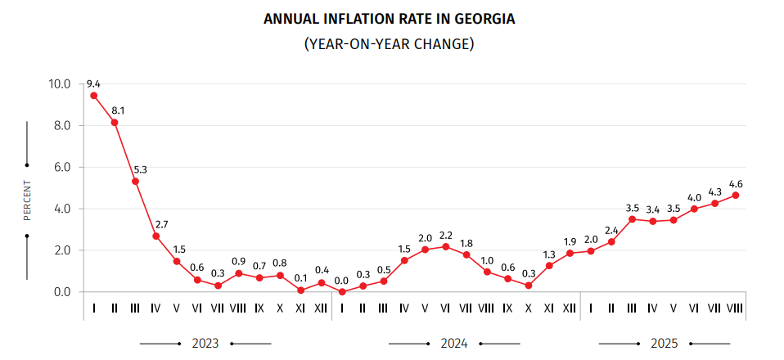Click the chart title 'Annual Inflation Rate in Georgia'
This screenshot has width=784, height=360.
pos(390,18)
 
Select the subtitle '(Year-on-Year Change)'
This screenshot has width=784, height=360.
pos(390,43)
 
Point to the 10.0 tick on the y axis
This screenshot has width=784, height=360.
pos(60,83)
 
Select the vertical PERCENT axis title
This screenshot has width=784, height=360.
pos(27,200)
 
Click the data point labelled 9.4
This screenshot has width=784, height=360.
pos(94,95)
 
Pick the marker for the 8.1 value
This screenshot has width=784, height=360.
pos(115,123)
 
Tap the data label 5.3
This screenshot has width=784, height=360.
pos(141,170)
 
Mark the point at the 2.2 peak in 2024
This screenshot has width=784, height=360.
pos(445,246)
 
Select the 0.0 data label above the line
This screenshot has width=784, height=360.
pos(341,281)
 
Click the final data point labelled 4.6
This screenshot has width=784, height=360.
pos(736,195)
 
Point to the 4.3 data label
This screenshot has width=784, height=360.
pos(715,191)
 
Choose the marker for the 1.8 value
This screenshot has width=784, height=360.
pos(466,254)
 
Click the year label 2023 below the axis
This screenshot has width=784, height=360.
pos(205,343)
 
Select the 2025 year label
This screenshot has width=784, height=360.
pos(664,343)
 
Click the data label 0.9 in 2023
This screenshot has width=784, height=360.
pos(238,262)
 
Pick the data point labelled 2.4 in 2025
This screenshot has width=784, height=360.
pos(611,241)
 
